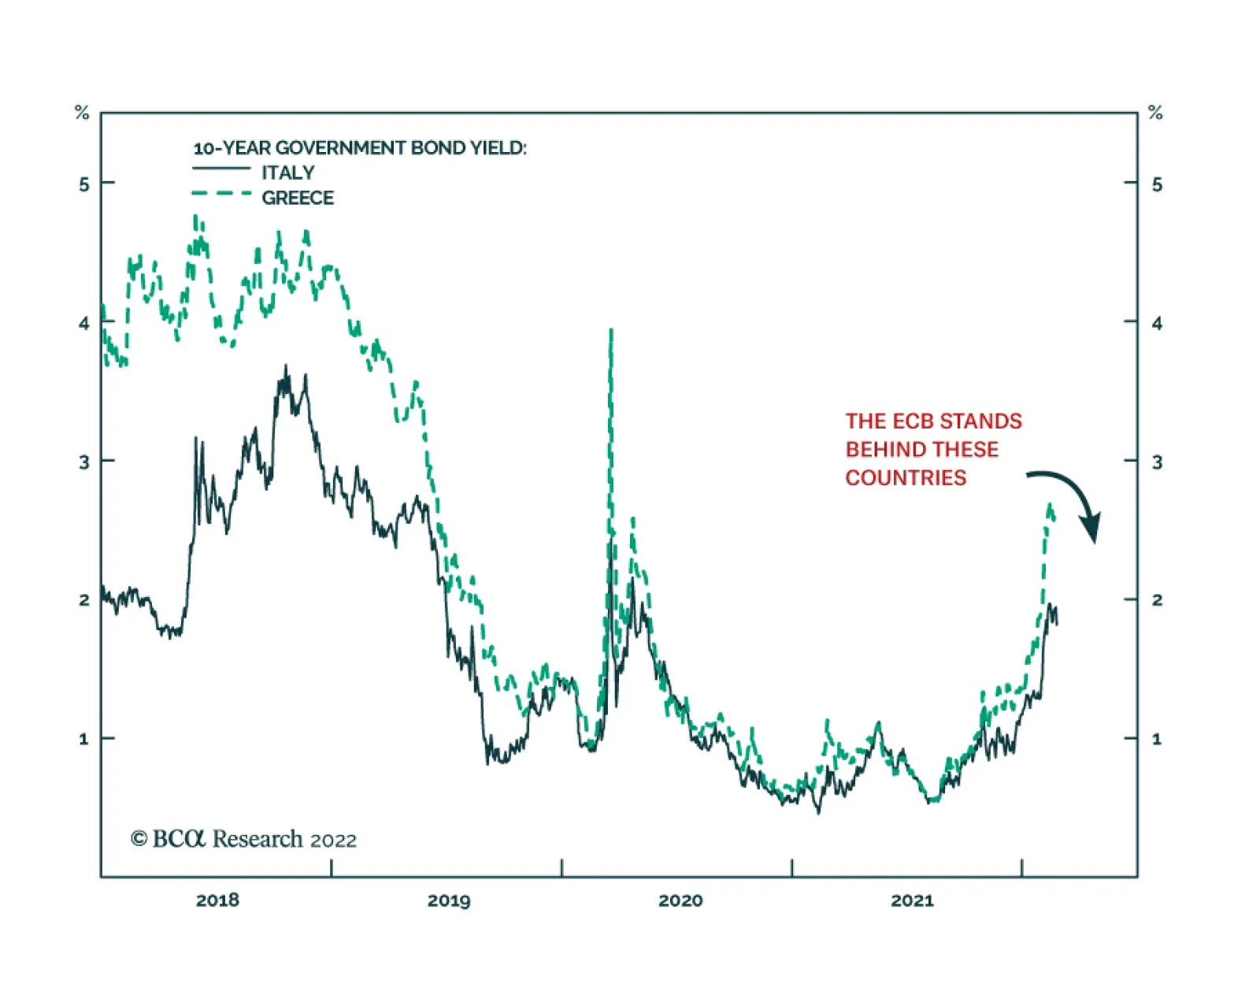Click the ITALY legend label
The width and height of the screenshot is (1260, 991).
click(x=287, y=173)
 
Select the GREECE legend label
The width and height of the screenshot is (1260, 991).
click(x=298, y=198)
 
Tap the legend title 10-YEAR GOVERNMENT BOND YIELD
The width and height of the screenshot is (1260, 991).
click(x=359, y=148)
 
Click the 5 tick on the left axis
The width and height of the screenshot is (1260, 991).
click(x=84, y=184)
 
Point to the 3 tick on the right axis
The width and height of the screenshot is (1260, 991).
click(x=1156, y=462)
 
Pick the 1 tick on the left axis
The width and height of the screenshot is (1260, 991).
click(x=84, y=739)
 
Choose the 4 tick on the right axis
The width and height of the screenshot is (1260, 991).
click(x=1156, y=323)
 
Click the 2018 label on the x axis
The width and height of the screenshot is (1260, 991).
click(x=217, y=900)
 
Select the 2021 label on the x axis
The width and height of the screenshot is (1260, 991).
click(x=912, y=900)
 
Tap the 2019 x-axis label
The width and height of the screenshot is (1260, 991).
click(x=449, y=900)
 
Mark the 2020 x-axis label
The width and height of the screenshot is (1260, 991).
click(x=680, y=900)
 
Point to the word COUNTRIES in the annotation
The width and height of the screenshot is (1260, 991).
click(x=906, y=478)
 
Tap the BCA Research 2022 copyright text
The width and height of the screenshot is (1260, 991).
click(x=244, y=839)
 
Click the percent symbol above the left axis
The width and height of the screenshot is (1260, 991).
click(x=82, y=113)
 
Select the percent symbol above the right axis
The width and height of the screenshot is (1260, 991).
click(x=1155, y=113)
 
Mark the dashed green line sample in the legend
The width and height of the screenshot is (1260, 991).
click(x=221, y=194)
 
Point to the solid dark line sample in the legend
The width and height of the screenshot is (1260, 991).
click(x=221, y=169)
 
